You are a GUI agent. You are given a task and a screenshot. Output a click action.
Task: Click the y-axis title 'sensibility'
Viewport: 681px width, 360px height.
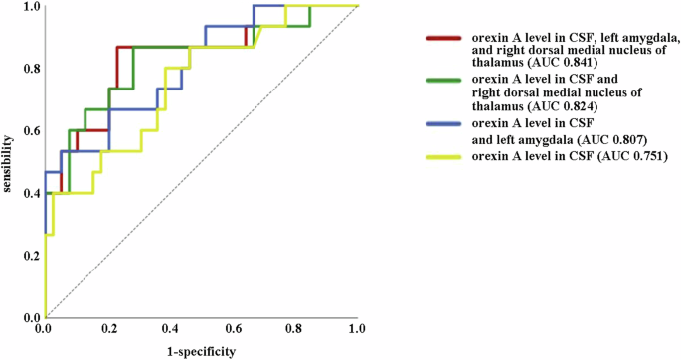[9, 161]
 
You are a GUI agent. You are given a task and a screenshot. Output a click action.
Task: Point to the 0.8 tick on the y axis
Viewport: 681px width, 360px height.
[30, 69]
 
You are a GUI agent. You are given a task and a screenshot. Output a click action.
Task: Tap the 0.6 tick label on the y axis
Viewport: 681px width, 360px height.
[30, 131]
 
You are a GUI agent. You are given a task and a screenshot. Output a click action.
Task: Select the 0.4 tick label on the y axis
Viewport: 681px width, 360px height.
[30, 193]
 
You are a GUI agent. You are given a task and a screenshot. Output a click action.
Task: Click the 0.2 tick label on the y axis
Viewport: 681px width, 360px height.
[30, 256]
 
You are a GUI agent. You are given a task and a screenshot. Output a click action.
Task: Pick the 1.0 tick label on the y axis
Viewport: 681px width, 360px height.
[30, 7]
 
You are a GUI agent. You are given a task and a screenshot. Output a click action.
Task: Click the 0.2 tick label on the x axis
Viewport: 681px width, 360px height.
[106, 327]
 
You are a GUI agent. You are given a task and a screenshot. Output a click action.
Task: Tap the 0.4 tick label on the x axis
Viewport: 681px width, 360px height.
[169, 327]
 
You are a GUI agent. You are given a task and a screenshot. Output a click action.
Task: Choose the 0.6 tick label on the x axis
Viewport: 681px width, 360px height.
[232, 327]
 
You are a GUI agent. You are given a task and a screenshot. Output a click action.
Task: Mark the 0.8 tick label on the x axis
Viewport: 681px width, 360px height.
[294, 327]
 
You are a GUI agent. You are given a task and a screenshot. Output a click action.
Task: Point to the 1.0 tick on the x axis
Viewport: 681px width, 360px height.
[357, 327]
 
